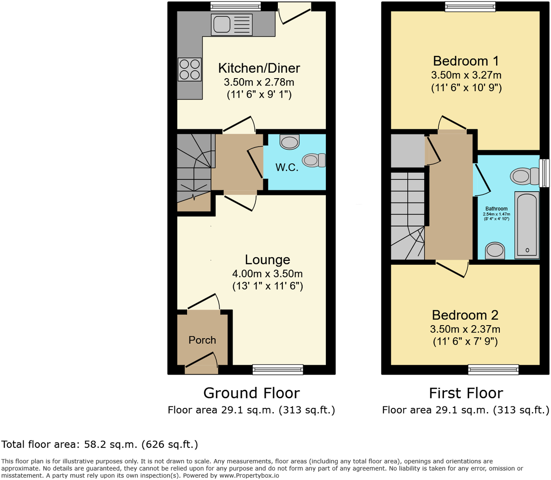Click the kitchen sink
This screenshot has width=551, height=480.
(x=231, y=24)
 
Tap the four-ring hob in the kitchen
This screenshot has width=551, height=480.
(x=189, y=69)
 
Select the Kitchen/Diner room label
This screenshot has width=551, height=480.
(x=259, y=68)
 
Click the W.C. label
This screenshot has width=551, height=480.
(x=287, y=167)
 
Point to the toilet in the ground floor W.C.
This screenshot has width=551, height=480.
(x=313, y=160)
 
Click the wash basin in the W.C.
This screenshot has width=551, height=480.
(x=289, y=142)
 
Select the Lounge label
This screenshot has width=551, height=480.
(x=268, y=260)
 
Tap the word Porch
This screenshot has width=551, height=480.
(x=202, y=340)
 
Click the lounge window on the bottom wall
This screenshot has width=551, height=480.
(x=278, y=370)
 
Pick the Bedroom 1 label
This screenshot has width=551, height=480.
(x=466, y=61)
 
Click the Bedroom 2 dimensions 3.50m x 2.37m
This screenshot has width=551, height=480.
(x=465, y=329)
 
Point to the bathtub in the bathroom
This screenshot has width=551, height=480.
(x=527, y=225)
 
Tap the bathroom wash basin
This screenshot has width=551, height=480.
(x=495, y=251)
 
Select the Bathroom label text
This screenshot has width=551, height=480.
(x=497, y=209)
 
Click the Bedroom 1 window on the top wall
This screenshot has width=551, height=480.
(x=470, y=7)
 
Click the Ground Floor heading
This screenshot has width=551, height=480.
(x=251, y=393)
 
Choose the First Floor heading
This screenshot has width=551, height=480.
(x=466, y=393)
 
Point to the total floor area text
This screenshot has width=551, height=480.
(x=100, y=444)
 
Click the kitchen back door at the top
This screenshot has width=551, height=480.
(x=294, y=12)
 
